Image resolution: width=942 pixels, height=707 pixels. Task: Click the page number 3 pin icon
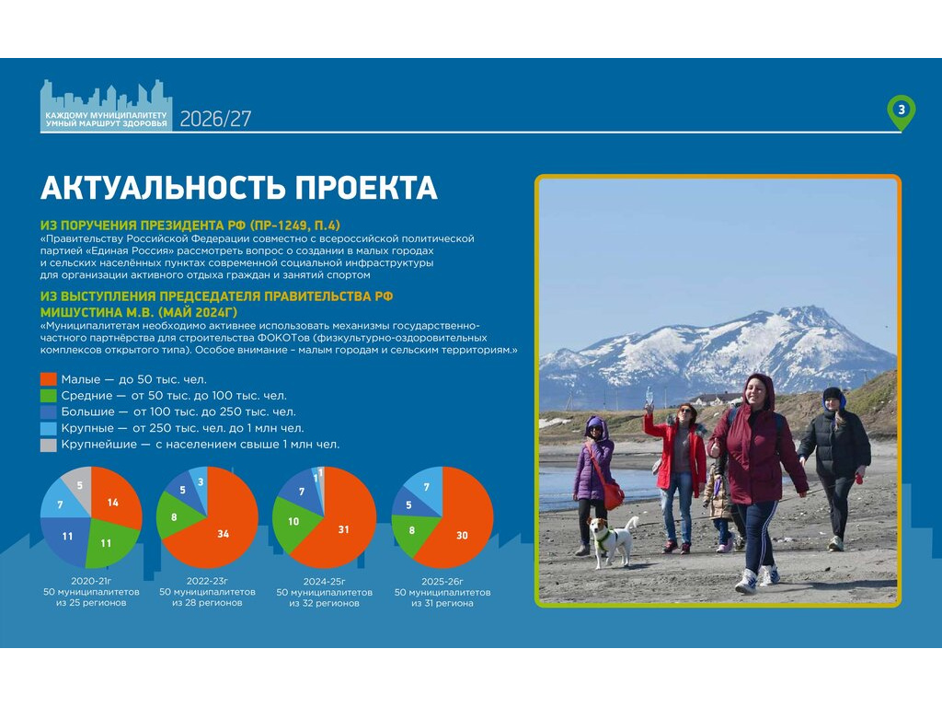[902, 111]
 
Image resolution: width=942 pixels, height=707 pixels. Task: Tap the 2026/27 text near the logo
[215, 119]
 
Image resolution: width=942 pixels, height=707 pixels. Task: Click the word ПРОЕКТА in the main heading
[365, 188]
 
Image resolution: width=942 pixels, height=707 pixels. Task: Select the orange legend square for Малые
[48, 379]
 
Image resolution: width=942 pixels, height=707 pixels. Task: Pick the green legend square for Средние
[48, 396]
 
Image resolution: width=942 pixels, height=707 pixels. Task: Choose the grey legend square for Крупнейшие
[48, 445]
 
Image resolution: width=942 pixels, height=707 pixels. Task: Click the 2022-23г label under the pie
[207, 582]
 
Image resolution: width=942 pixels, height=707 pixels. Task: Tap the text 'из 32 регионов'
[325, 603]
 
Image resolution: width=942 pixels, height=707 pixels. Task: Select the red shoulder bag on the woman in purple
[612, 494]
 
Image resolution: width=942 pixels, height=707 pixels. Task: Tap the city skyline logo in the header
[107, 105]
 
